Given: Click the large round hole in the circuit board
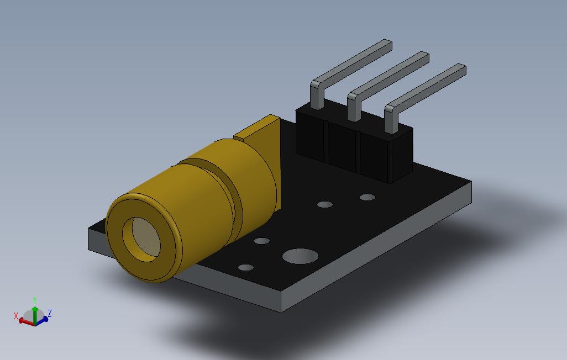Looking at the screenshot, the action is tap(300, 256).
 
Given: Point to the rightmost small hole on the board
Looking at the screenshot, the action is tap(368, 197).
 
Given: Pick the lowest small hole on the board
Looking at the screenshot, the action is tap(246, 267).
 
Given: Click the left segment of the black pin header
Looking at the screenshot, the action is tap(312, 134).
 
